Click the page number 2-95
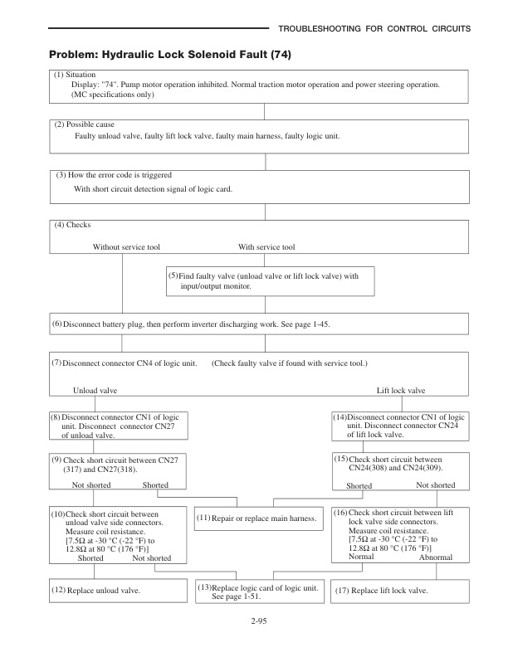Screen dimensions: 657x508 (x=255, y=620)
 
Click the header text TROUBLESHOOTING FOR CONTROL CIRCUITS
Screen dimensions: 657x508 (x=374, y=29)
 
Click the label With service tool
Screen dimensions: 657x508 (x=266, y=246)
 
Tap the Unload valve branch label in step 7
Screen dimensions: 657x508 (x=95, y=390)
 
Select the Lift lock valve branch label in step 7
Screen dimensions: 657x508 (x=401, y=390)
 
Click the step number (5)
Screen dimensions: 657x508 (x=173, y=275)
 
